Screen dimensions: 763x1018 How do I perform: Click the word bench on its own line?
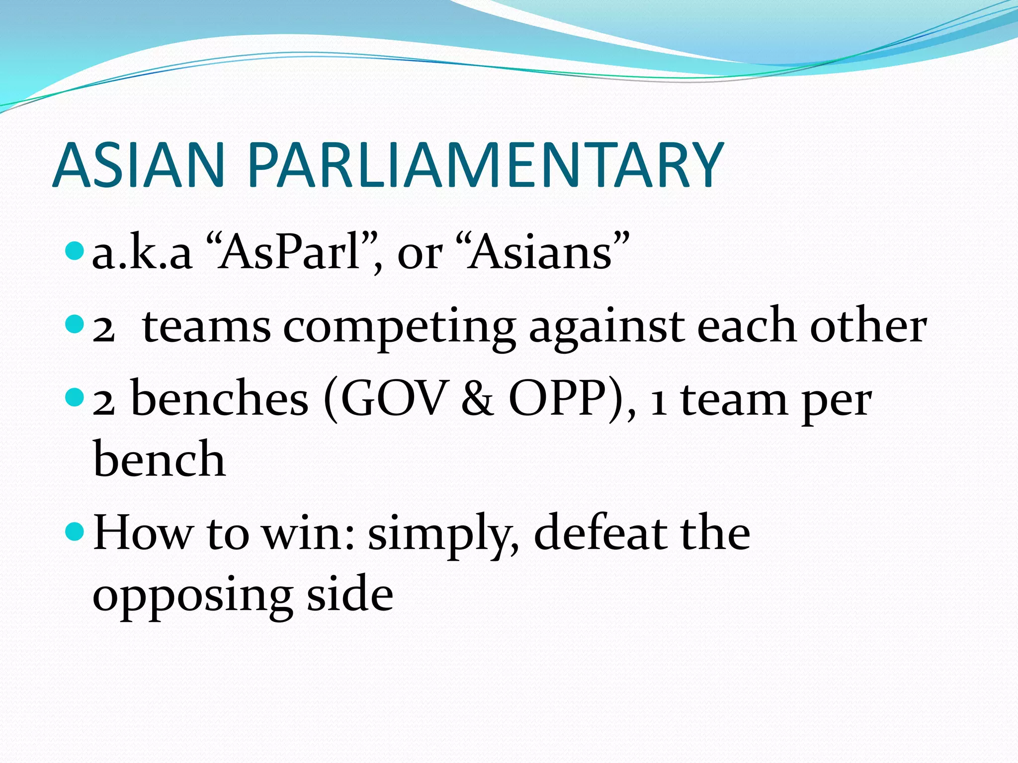(159, 459)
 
